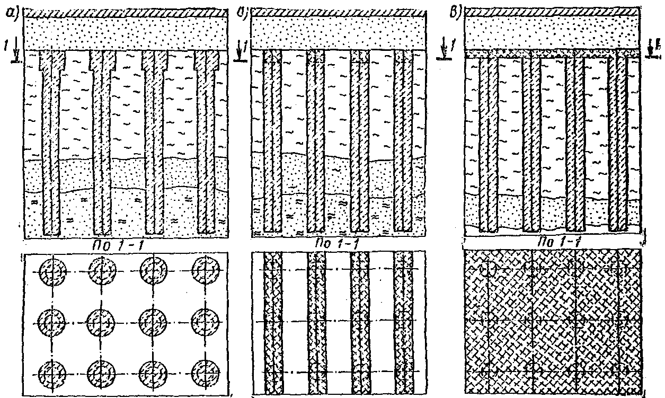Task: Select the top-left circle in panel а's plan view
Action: pyautogui.click(x=52, y=272)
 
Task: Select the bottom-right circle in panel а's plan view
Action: pyautogui.click(x=205, y=369)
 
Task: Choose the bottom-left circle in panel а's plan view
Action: pyautogui.click(x=52, y=369)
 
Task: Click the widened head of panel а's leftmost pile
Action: pyautogui.click(x=52, y=61)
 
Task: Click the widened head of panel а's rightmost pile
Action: pyautogui.click(x=207, y=61)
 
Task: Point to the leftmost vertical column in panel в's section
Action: pyautogui.click(x=488, y=143)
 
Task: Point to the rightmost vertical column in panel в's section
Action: pyautogui.click(x=618, y=143)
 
